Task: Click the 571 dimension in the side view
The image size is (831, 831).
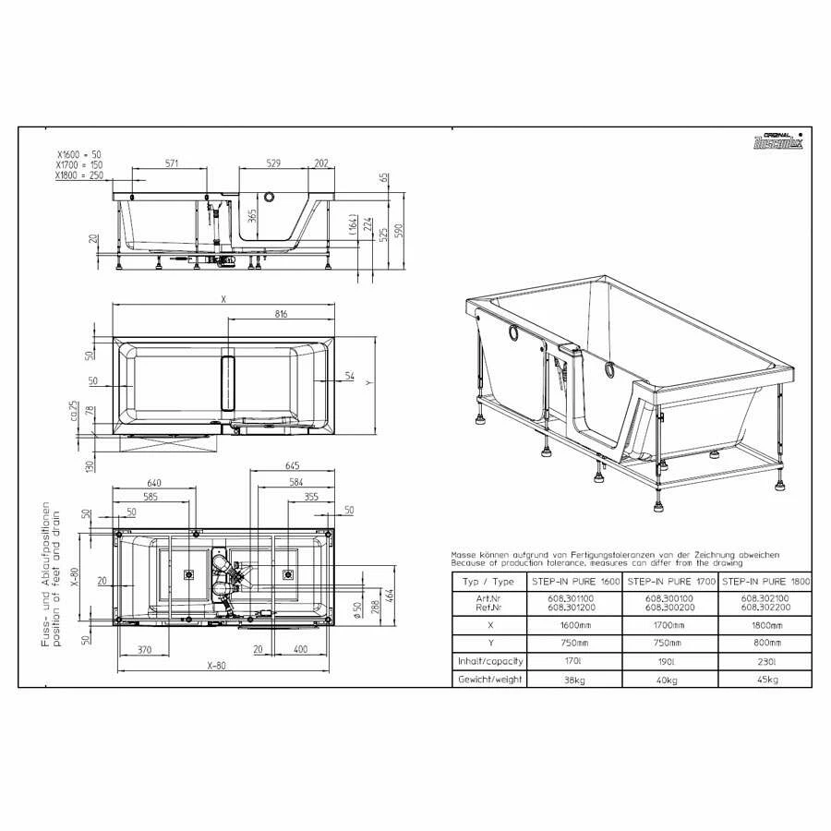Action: point(172,163)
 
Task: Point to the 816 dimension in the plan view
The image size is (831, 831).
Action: point(282,314)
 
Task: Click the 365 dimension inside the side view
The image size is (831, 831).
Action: point(252,219)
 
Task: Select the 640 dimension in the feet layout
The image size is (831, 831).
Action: point(154,482)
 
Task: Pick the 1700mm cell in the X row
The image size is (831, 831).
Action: point(670,624)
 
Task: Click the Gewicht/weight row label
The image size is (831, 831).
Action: point(489,679)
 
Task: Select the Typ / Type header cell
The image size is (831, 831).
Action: point(489,582)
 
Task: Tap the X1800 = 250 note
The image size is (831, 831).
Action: point(79,175)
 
